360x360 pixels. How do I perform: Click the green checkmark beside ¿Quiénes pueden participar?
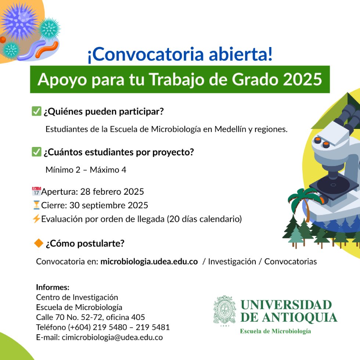point(36,111)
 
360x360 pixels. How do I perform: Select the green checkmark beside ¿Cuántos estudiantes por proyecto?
point(36,152)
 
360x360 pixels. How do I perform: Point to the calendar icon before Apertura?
point(36,191)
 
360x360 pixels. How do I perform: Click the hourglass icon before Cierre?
point(36,205)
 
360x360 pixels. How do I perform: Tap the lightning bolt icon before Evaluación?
point(36,219)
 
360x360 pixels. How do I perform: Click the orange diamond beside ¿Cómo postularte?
point(39,243)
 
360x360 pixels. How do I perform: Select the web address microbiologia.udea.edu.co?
point(149,262)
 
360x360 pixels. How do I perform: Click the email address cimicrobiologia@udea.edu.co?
point(112,337)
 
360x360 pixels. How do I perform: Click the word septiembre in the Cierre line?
point(104,205)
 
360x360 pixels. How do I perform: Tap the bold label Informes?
point(53,287)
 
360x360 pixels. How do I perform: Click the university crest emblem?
point(224,311)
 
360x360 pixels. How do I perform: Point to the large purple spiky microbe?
point(19,21)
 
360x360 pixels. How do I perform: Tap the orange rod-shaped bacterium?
point(47,49)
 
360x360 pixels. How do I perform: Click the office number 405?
point(138,317)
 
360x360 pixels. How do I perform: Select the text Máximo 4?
point(108,170)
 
